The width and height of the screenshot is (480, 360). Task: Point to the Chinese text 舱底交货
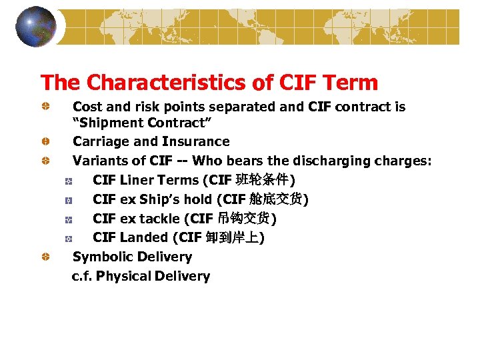pos(276,199)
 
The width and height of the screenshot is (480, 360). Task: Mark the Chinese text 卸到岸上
pos(233,237)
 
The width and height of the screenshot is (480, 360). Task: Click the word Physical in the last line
pos(123,276)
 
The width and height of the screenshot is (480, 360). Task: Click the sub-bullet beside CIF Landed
pos(68,238)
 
